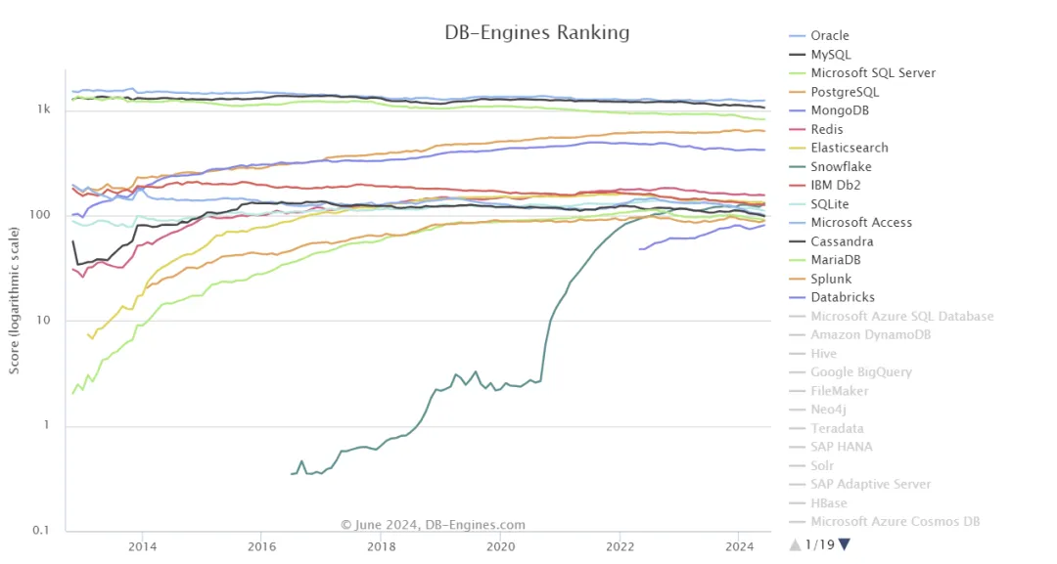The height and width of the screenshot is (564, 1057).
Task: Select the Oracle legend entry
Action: (830, 35)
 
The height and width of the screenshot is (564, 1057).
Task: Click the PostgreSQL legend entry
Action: (845, 92)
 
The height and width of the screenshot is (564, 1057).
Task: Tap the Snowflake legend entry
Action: (841, 167)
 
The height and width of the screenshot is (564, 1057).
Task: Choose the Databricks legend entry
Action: (842, 297)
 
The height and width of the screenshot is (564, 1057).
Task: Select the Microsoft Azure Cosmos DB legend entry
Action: (895, 522)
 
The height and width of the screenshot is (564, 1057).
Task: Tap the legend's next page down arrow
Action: (845, 544)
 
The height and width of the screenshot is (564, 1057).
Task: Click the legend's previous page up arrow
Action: (795, 544)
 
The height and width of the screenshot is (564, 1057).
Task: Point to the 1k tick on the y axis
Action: (44, 110)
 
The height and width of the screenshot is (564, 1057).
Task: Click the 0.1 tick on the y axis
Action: (42, 531)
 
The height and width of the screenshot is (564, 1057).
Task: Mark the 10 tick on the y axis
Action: (44, 321)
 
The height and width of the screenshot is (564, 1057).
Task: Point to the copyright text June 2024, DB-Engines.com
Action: (433, 525)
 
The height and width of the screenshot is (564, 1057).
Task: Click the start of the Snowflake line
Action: (292, 474)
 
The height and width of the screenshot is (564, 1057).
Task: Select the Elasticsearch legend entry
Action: (849, 148)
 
